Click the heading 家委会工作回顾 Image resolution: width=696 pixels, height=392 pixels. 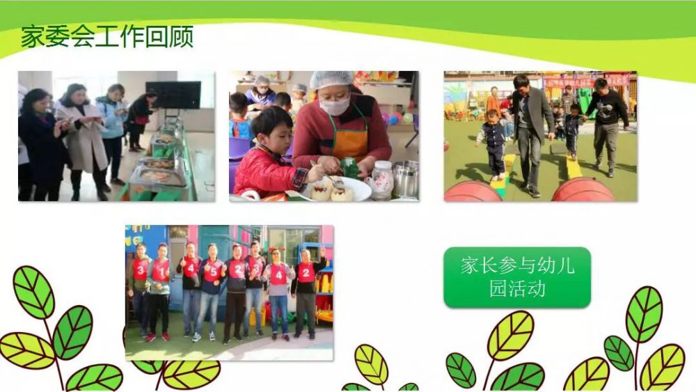coord(107,36)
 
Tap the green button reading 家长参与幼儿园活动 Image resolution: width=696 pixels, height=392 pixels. coord(517,277)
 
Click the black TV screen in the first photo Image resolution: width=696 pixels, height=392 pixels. coord(173,95)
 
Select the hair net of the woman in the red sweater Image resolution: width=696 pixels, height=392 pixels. coord(331,80)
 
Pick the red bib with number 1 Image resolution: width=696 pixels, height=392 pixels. coord(161,270)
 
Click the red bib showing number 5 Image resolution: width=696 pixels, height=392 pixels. coord(212,272)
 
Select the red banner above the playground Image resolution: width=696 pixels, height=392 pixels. coord(586,81)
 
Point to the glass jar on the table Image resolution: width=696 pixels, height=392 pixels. coord(381,180)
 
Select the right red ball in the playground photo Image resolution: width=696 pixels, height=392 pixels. coord(583,189)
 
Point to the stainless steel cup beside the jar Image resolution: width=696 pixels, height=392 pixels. coord(405,179)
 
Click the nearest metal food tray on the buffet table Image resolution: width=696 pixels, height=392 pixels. coord(158,177)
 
